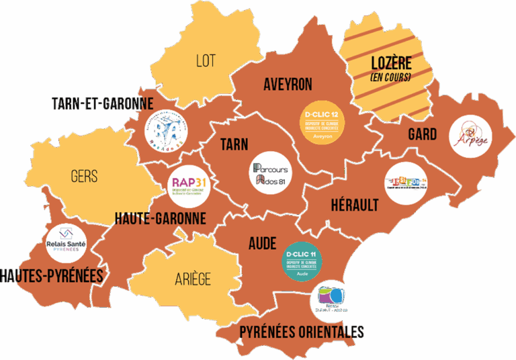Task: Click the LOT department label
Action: [x=206, y=60]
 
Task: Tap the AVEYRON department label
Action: [x=288, y=85]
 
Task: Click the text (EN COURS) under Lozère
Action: [x=390, y=78]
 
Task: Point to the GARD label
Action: [x=422, y=134]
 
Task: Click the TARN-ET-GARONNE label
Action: [x=102, y=103]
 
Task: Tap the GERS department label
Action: [x=84, y=177]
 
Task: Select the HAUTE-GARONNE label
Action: [x=160, y=218]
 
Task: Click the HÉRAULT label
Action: [x=354, y=206]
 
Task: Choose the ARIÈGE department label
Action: [x=193, y=279]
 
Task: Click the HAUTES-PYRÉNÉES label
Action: [x=52, y=276]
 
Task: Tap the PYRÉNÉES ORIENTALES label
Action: [x=302, y=332]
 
